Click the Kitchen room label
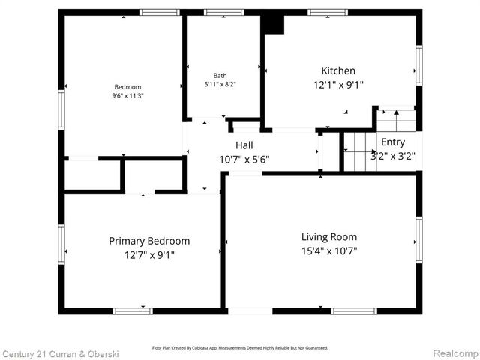[338, 70]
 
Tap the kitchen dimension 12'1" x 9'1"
[338, 85]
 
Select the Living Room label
[324, 236]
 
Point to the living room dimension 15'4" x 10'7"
[324, 251]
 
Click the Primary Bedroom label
[149, 241]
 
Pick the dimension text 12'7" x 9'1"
[149, 255]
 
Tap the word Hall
[244, 145]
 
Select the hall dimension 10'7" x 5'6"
[244, 159]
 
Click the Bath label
[220, 76]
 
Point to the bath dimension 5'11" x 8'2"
[220, 85]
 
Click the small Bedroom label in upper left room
[127, 87]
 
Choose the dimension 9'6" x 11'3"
[127, 96]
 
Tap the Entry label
[392, 142]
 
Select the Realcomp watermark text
[454, 353]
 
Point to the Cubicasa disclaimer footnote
[240, 347]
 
